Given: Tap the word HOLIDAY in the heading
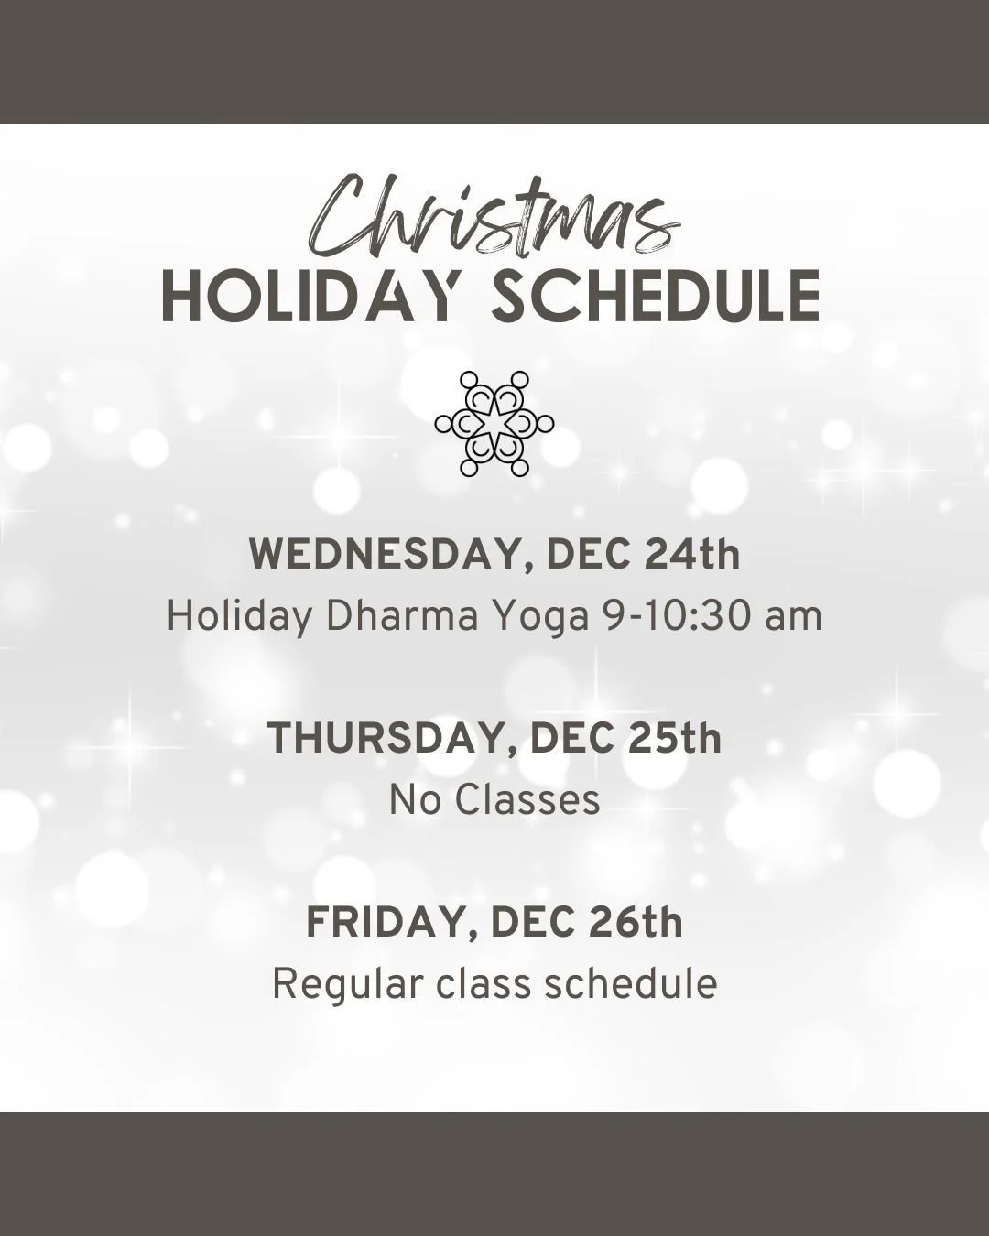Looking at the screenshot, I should (x=309, y=297).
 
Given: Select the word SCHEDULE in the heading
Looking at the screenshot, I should (x=656, y=297).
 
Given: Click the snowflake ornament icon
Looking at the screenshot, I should (x=494, y=423).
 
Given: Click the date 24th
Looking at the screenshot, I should (x=692, y=555).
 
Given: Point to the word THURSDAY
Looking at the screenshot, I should (x=391, y=739).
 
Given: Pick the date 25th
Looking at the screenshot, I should (x=675, y=739).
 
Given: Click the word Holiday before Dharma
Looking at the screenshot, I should (x=239, y=618).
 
